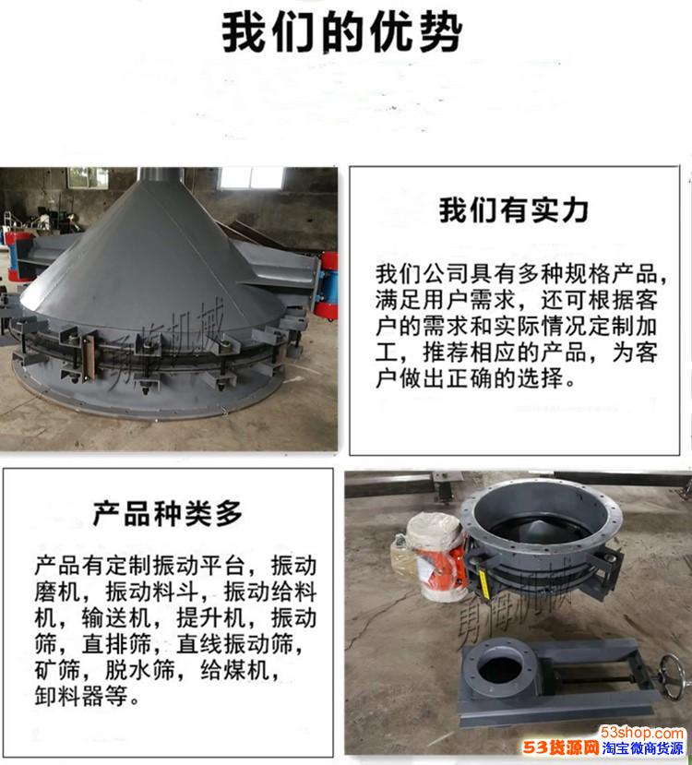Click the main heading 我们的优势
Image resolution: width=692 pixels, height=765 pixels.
coord(342,31)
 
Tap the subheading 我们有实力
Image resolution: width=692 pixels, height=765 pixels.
coord(514,209)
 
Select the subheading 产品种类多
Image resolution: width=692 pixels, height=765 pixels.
coord(168,513)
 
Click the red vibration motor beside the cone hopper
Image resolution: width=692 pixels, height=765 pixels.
coord(326,284)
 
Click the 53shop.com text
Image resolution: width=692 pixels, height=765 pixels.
coord(641,733)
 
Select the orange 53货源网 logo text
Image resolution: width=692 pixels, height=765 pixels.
coord(561,747)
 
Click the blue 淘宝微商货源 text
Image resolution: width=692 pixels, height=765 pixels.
coord(643,747)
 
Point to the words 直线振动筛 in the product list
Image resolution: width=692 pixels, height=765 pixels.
coord(235,643)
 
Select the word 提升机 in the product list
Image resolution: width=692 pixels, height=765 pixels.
coord(211,617)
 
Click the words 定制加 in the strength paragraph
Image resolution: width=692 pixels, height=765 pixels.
coord(622,327)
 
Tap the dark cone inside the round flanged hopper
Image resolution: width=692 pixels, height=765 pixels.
coord(537,528)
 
